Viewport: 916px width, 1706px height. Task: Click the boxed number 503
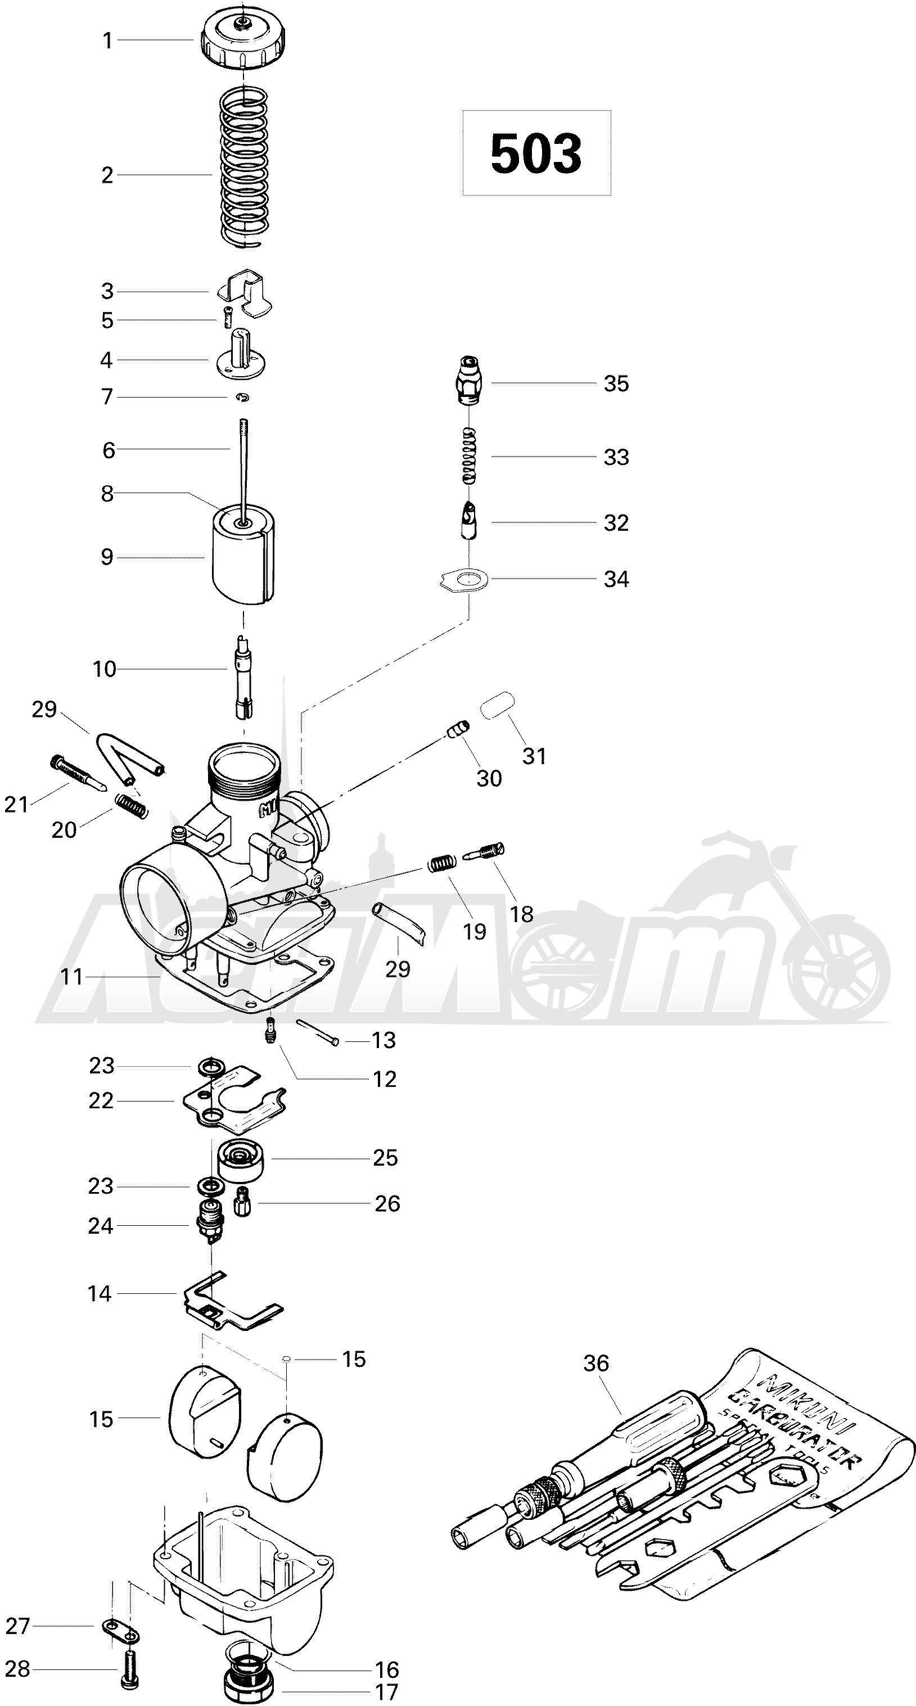(x=536, y=153)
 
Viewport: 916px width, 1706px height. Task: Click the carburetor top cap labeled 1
(x=245, y=40)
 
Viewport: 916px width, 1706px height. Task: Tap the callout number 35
(x=616, y=383)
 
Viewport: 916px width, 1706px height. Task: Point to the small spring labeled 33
(x=469, y=457)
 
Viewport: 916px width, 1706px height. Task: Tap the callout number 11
(x=71, y=977)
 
